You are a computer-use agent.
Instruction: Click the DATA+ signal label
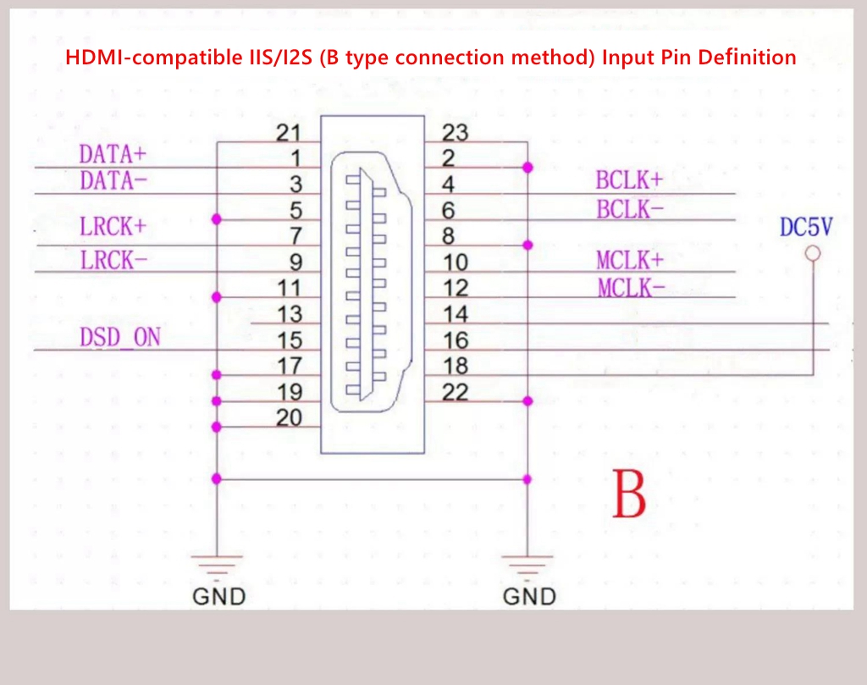point(113,154)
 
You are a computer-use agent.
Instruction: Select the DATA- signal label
point(113,181)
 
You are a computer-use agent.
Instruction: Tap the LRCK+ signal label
point(113,227)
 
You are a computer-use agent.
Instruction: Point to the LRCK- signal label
point(113,261)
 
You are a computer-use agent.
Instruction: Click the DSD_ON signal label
point(120,337)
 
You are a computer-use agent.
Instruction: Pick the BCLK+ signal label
point(629,180)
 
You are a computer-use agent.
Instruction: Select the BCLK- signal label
point(630,209)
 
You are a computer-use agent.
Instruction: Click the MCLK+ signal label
point(630,261)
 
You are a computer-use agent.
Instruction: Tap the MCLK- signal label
point(631,288)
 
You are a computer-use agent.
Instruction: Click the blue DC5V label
point(806,227)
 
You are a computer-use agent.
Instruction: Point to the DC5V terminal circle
point(813,254)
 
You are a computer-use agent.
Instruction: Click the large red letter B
point(629,494)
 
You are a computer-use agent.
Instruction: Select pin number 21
point(289,133)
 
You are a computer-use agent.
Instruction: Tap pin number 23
point(455,133)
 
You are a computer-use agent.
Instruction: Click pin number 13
point(290,314)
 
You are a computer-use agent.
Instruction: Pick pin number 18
point(456,366)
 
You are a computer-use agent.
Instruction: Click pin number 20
point(290,417)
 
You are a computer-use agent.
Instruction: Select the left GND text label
point(219,597)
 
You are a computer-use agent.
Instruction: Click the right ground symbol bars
point(527,565)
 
